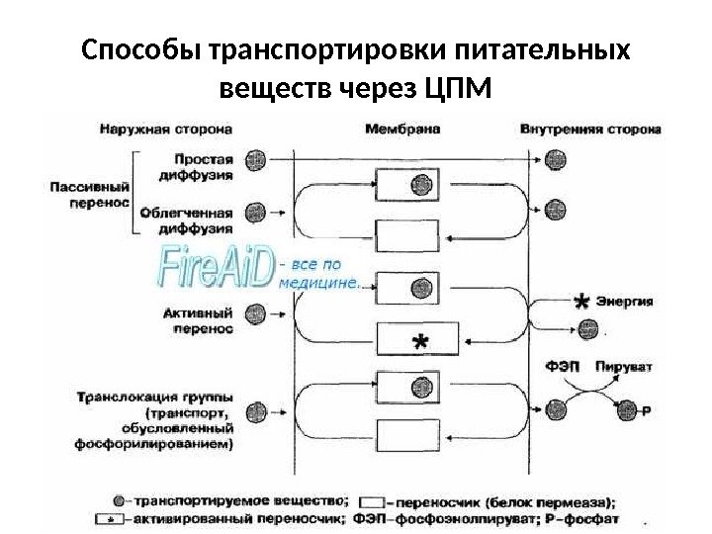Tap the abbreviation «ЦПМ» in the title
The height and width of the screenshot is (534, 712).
pos(456,92)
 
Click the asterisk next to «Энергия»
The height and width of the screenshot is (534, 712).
pos(583,303)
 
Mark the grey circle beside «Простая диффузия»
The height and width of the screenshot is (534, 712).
pos(257,158)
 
